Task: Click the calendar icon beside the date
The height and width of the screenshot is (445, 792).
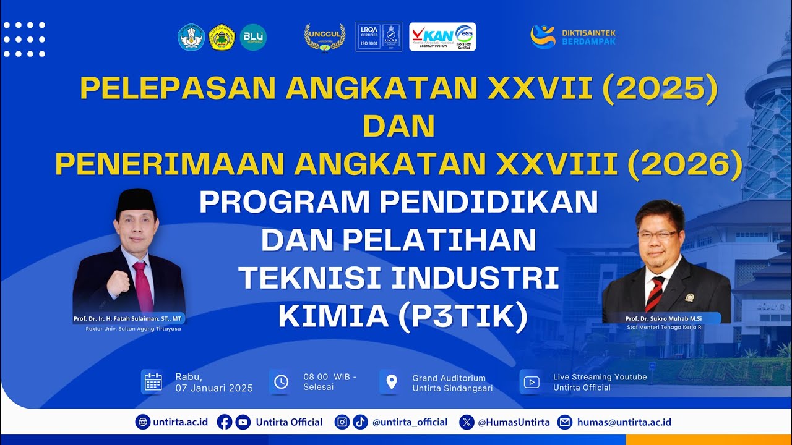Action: [152, 382]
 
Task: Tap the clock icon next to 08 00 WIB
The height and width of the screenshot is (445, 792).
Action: [281, 382]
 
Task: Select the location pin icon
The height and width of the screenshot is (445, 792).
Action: [391, 382]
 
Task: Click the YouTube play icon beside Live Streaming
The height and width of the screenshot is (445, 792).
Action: [531, 382]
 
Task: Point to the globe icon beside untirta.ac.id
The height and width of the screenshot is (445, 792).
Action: [143, 422]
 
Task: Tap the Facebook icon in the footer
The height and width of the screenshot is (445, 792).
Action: [225, 422]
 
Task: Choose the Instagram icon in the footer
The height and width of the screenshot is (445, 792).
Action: [342, 422]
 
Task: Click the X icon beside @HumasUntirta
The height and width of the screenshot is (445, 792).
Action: [467, 422]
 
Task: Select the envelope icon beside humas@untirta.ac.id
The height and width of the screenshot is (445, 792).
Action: [565, 422]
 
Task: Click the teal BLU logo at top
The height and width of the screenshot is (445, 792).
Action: [253, 37]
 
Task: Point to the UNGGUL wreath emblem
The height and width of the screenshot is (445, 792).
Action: [325, 37]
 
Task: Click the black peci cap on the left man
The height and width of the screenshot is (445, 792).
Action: [135, 199]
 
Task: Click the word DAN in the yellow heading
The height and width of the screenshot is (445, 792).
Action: [398, 126]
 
